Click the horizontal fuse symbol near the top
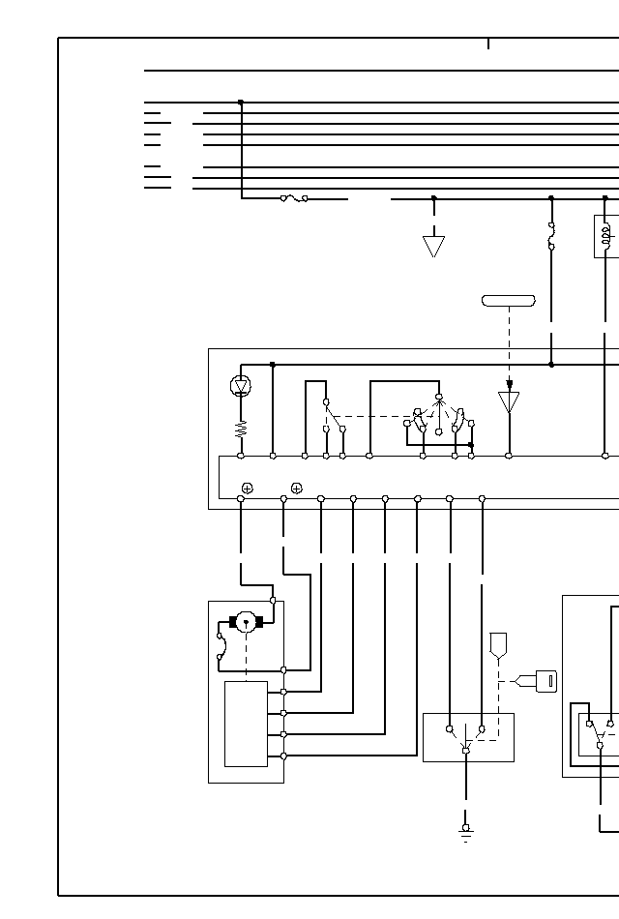pos(294,198)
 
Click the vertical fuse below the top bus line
pos(551,236)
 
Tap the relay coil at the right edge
pos(606,236)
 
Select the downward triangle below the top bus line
pos(433,246)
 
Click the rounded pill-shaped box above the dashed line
pos(509,301)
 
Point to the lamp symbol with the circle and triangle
pos(241,386)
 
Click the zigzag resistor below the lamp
pos(241,429)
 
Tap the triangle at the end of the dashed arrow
pos(509,401)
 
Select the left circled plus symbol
pos(248,489)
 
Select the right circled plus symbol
pos(297,489)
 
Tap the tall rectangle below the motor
pos(246,724)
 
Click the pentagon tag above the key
pos(499,644)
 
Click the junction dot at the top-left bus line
pos(241,103)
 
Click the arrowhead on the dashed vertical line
pos(509,384)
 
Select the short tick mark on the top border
pos(488,44)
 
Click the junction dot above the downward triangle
pos(433,198)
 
